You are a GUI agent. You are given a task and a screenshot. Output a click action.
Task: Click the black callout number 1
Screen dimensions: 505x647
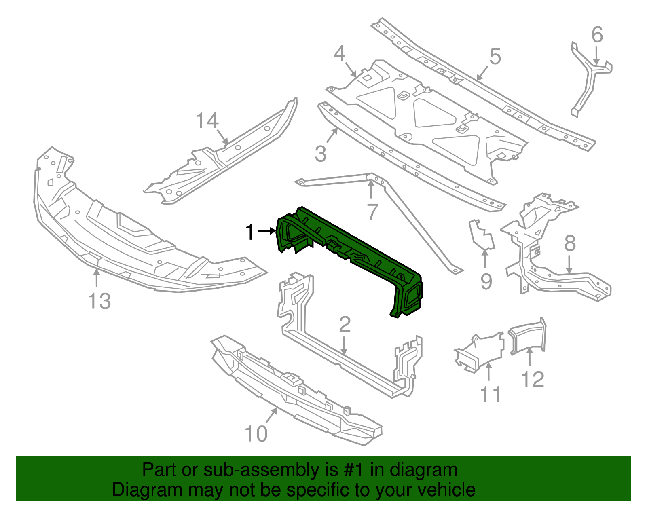(x=250, y=232)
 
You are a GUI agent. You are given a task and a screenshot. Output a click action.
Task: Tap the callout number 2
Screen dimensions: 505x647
(x=345, y=325)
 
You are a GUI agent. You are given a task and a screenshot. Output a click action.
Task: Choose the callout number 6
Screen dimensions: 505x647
(x=597, y=35)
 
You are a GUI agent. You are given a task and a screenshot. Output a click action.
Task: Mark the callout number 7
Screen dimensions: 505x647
(x=372, y=211)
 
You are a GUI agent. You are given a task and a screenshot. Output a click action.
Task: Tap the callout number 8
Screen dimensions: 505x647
(x=570, y=244)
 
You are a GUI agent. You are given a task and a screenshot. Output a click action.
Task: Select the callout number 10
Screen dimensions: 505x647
(x=256, y=434)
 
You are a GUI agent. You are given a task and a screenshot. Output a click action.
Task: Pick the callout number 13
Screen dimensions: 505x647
(x=99, y=301)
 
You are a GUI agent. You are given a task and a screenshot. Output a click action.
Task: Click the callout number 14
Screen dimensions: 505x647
(x=207, y=121)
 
